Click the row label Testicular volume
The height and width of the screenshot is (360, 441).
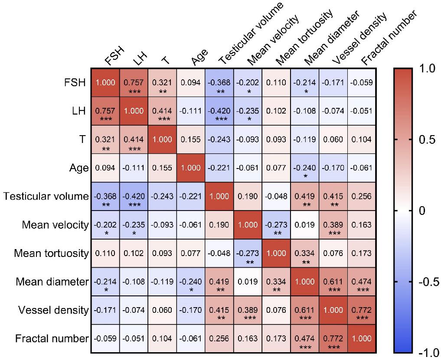coord(46,196)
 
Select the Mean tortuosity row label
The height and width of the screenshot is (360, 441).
coord(51,253)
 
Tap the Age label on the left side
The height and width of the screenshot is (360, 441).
coord(79,168)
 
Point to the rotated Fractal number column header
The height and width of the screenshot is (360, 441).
coord(389,39)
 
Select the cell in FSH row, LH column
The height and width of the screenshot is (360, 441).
coord(134,83)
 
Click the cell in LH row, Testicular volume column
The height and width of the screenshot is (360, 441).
coord(219,111)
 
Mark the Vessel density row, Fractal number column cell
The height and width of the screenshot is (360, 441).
coord(362,310)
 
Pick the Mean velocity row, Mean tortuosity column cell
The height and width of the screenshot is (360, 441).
coord(276,225)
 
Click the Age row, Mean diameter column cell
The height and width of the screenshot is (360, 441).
coord(304,168)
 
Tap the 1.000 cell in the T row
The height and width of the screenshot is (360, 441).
coord(162,139)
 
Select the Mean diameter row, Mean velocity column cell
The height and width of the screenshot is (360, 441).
coord(248,282)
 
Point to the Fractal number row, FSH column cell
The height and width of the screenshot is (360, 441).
coord(105,338)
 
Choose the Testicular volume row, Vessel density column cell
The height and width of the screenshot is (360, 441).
coord(333,196)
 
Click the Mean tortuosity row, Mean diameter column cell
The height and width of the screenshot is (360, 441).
coord(304,253)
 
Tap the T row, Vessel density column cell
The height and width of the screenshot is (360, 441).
coord(333,139)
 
